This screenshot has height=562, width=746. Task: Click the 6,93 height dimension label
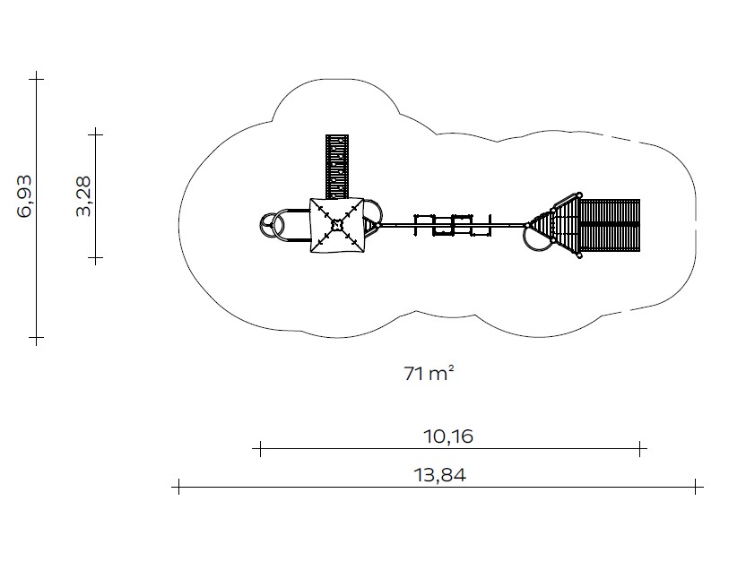(x=25, y=196)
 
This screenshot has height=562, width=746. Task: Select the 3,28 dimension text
(x=83, y=196)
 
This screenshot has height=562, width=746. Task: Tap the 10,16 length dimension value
(x=448, y=436)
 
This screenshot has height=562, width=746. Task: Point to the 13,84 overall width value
(x=440, y=474)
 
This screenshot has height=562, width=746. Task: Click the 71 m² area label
(x=429, y=373)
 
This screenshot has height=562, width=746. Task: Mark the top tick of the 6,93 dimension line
(x=37, y=79)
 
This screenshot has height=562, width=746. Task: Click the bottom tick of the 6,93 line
(x=37, y=338)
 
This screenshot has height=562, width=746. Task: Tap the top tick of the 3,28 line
(x=96, y=134)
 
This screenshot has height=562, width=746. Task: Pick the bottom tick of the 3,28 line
(x=96, y=258)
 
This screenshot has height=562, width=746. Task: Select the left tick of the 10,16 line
(x=260, y=448)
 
